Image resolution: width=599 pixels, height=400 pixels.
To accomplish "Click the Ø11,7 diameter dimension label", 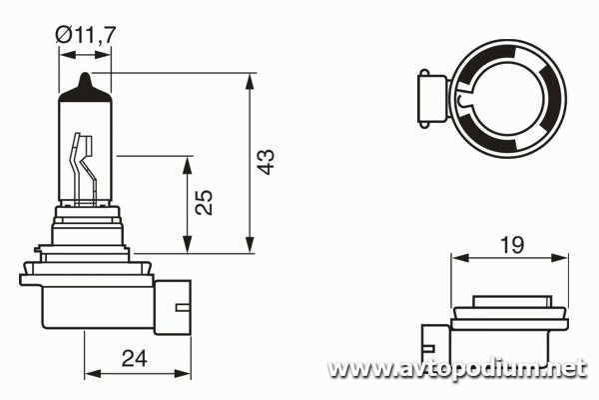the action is click(x=85, y=35).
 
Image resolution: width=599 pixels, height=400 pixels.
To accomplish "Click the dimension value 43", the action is click(x=266, y=162).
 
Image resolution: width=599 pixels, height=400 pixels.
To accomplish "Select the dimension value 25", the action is click(x=204, y=202).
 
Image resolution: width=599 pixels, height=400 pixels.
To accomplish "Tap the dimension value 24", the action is click(x=135, y=359).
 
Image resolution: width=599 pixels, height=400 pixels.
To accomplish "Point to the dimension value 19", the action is click(x=512, y=245).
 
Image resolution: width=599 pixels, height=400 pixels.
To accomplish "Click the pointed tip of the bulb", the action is click(x=86, y=73).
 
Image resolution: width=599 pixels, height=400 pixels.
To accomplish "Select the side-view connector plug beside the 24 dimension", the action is click(x=173, y=307).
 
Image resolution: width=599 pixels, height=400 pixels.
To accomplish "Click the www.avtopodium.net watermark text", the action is click(x=457, y=369).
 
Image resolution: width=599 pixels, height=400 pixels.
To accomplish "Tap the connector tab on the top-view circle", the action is click(x=433, y=99).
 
